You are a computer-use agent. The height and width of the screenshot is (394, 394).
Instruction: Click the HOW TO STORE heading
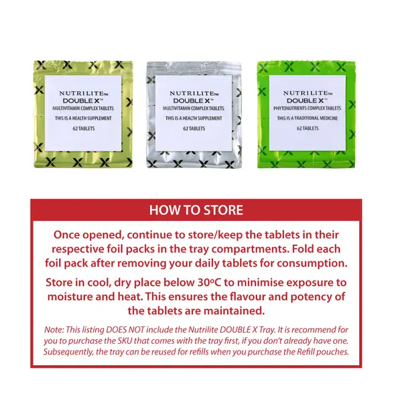point(196,210)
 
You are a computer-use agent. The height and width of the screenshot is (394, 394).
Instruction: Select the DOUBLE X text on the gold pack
point(83,101)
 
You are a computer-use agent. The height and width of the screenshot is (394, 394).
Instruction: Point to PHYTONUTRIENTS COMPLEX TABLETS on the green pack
point(308,109)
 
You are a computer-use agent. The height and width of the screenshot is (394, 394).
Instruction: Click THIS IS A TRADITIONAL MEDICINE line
point(308,118)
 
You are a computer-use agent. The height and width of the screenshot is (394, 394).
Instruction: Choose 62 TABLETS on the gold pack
point(84,129)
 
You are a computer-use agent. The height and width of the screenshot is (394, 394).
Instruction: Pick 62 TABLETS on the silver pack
point(194,129)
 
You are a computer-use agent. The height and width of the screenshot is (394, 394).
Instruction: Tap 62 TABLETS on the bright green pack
point(308,129)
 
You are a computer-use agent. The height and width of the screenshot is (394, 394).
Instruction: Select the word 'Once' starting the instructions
point(66,235)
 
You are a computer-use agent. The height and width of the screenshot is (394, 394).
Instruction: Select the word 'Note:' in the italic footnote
point(54,330)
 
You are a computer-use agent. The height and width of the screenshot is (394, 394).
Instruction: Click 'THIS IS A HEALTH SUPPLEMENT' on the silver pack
point(194,119)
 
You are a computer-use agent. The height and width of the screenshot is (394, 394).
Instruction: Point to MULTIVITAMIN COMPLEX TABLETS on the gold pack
point(83,109)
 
